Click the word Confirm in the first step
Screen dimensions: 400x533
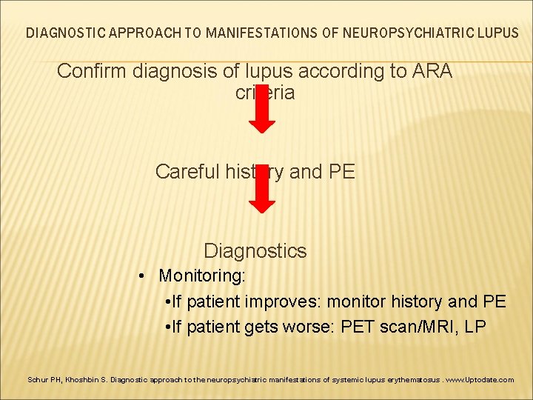pyautogui.click(x=88, y=72)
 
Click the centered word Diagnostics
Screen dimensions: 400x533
pyautogui.click(x=255, y=250)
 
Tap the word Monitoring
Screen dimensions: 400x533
pyautogui.click(x=202, y=276)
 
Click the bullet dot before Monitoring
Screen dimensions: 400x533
pyautogui.click(x=141, y=277)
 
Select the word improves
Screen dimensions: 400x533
pyautogui.click(x=285, y=301)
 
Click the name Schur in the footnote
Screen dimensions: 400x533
pyautogui.click(x=36, y=379)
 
